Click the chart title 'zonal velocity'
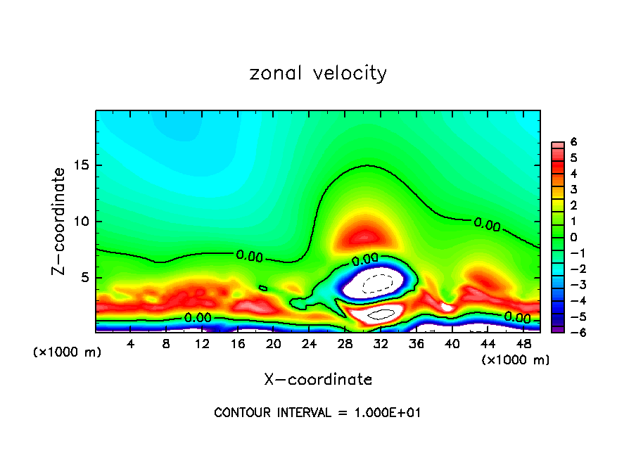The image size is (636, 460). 318,73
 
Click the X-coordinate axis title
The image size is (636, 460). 318,380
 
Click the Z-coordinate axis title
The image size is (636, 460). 61,221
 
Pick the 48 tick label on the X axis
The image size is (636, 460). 523,344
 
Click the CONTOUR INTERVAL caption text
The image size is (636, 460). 318,413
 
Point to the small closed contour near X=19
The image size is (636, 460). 263,288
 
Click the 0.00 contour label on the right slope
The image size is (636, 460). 487,224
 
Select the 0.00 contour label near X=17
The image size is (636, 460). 249,257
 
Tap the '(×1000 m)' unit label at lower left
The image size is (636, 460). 68,352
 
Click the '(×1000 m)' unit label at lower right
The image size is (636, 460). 515,360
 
